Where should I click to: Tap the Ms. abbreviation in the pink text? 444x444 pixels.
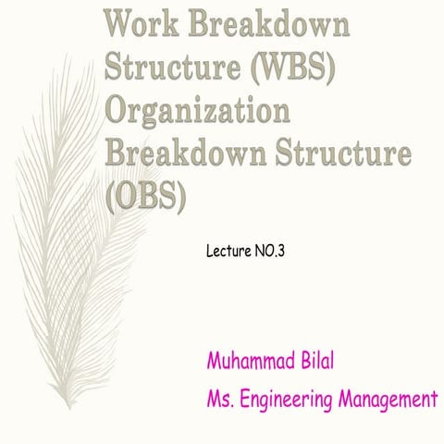(x=225, y=400)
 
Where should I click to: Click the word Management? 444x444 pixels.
(x=389, y=400)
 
